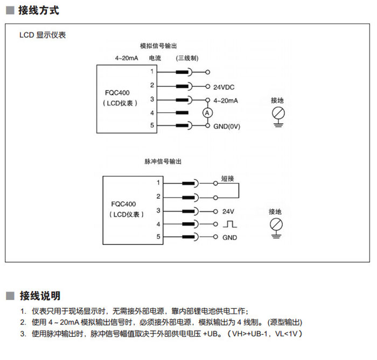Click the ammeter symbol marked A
pos(207,112)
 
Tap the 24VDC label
pos(224,87)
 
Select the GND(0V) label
pos(227,126)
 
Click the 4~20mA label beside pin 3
pos(226,100)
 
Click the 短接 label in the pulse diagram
pos(228,178)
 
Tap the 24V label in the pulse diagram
pos(228,211)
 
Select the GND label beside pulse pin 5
pos(229,237)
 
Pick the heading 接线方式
pos(38,11)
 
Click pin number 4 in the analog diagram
pos(152,112)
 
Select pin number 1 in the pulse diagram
pos(158,183)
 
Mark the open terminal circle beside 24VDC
pos(208,86)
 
